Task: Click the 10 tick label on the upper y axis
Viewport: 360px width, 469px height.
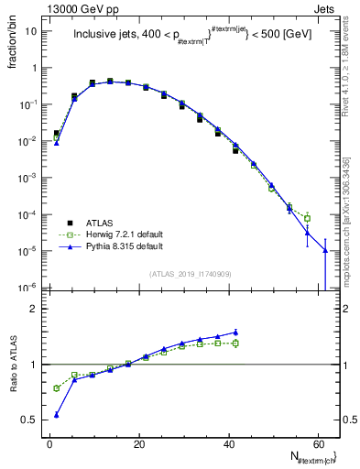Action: [x=31, y=31]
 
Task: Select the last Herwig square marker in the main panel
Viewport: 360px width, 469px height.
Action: [x=308, y=218]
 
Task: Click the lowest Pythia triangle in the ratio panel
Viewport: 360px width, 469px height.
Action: [x=57, y=415]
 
